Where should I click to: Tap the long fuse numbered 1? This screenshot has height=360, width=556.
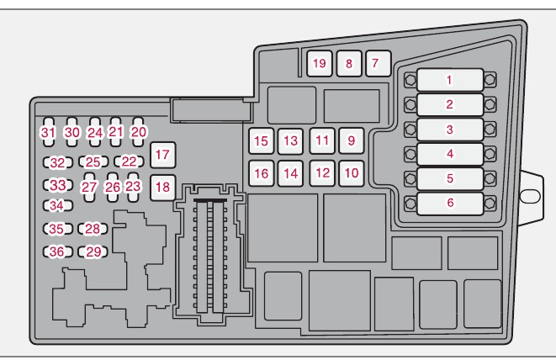(x=449, y=81)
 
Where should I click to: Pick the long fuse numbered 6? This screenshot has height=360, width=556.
(x=449, y=203)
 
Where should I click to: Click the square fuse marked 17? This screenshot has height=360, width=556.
(x=162, y=155)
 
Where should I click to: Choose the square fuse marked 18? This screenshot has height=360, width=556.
(x=162, y=188)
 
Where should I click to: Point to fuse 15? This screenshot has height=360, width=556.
(x=262, y=141)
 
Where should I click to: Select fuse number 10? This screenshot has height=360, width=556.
(x=351, y=172)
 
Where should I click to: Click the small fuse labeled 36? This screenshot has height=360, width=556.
(x=56, y=251)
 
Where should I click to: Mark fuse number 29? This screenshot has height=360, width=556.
(x=93, y=251)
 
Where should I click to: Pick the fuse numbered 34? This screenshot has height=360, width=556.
(x=56, y=205)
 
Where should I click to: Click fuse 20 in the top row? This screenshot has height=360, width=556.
(x=139, y=132)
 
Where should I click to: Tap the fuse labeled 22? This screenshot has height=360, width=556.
(x=129, y=161)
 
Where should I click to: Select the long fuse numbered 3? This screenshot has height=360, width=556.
(x=449, y=130)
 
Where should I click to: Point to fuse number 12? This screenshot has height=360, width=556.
(x=322, y=172)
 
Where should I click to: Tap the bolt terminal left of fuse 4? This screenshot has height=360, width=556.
(x=410, y=154)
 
